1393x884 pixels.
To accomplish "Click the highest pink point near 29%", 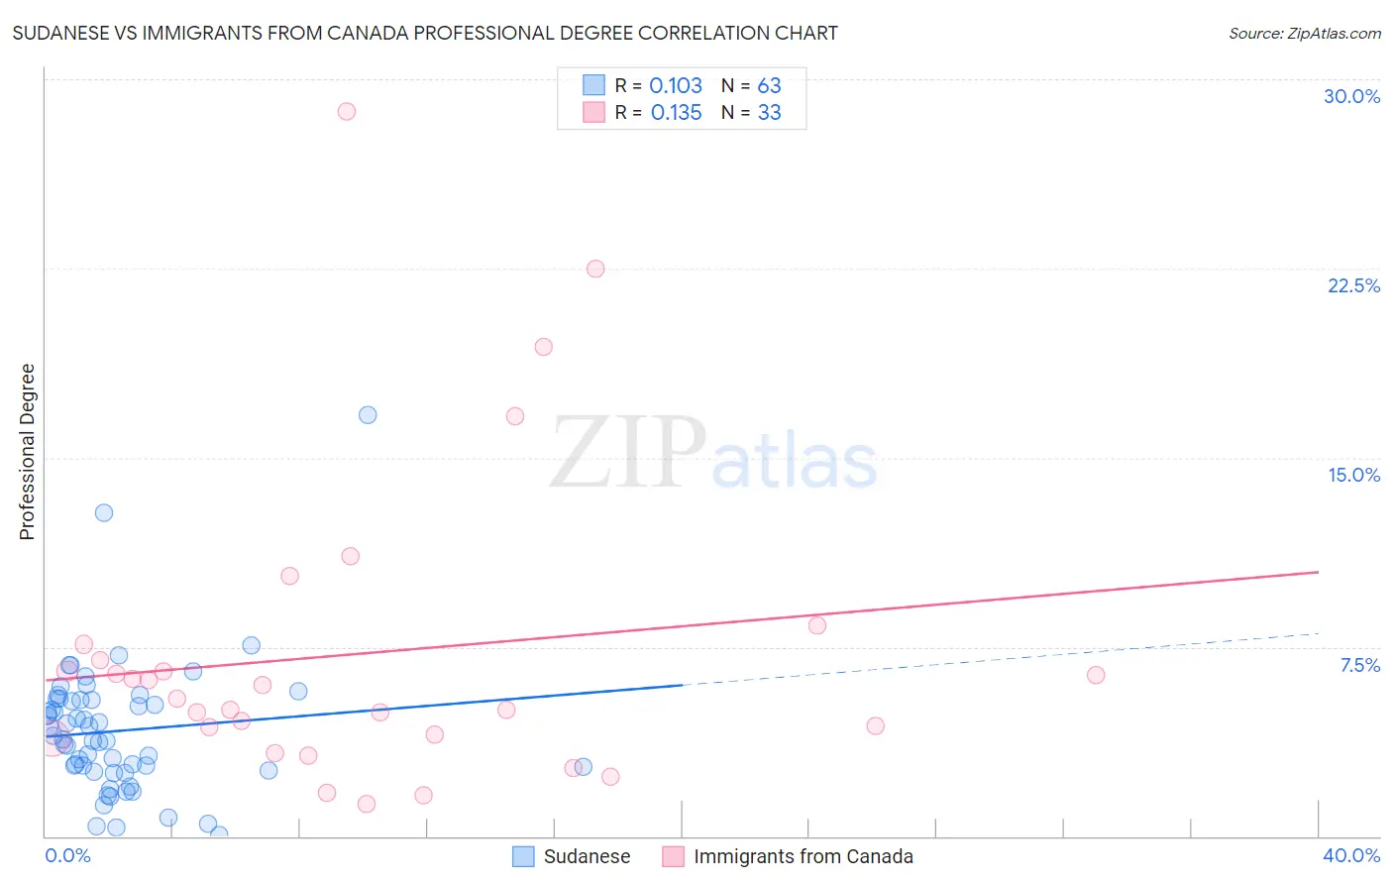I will [346, 111].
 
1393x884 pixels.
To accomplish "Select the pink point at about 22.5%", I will [595, 269].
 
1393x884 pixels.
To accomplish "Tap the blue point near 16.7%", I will [368, 415].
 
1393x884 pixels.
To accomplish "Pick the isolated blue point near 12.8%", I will [104, 512].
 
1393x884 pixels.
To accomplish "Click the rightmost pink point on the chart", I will [1096, 675].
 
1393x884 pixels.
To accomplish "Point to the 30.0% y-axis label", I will [1351, 96].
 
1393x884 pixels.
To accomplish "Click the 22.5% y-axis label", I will [1353, 285].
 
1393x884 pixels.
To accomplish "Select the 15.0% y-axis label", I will [1353, 475].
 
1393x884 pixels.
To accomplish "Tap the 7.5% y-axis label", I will [1359, 665].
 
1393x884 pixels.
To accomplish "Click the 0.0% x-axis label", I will [67, 855].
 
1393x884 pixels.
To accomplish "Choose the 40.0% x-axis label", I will [1350, 855].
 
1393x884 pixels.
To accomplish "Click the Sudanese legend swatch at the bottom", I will [523, 856].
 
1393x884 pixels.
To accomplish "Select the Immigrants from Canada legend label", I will [804, 856].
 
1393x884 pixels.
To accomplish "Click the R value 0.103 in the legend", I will [676, 86].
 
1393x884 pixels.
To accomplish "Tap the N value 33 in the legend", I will [770, 113].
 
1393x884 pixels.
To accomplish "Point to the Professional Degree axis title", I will [27, 452].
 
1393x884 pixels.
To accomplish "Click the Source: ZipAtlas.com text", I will [1304, 34].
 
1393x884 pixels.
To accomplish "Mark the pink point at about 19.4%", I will [543, 347].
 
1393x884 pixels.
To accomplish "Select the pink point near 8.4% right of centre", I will [817, 625].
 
